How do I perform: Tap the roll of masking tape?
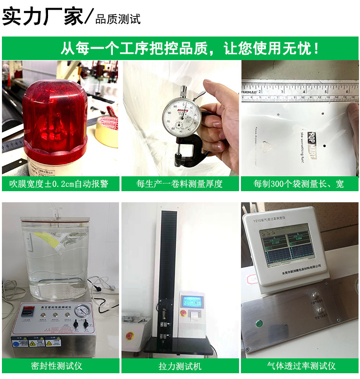pos(107,132)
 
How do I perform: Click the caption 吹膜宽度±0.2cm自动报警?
pos(60,183)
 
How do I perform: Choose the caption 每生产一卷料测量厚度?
pos(180,183)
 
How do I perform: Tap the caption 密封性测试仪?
pos(60,366)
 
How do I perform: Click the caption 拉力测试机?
pos(180,366)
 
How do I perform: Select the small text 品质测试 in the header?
pos(118,20)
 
